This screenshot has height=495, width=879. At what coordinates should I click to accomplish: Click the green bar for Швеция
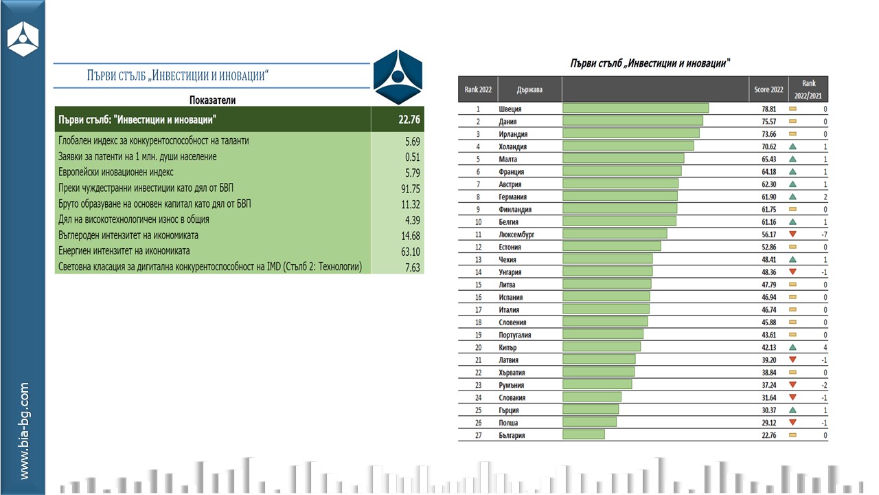click(635, 109)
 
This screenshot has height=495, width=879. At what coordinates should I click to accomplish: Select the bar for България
click(584, 435)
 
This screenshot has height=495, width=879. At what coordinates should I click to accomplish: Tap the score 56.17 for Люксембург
click(766, 234)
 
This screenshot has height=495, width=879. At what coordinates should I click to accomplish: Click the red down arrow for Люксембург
click(792, 234)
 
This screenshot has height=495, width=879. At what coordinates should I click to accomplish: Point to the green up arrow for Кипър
click(792, 347)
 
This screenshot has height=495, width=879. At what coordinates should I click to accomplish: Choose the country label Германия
click(514, 197)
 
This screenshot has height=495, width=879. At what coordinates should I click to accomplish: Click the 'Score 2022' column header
click(767, 89)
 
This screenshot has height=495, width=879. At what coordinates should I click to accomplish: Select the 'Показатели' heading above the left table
click(213, 100)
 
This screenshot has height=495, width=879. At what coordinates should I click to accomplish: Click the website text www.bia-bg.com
click(24, 431)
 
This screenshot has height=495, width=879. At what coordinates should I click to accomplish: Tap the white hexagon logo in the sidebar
click(23, 39)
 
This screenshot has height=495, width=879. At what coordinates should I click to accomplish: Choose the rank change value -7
click(823, 234)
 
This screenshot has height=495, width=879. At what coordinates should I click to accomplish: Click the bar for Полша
click(589, 423)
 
